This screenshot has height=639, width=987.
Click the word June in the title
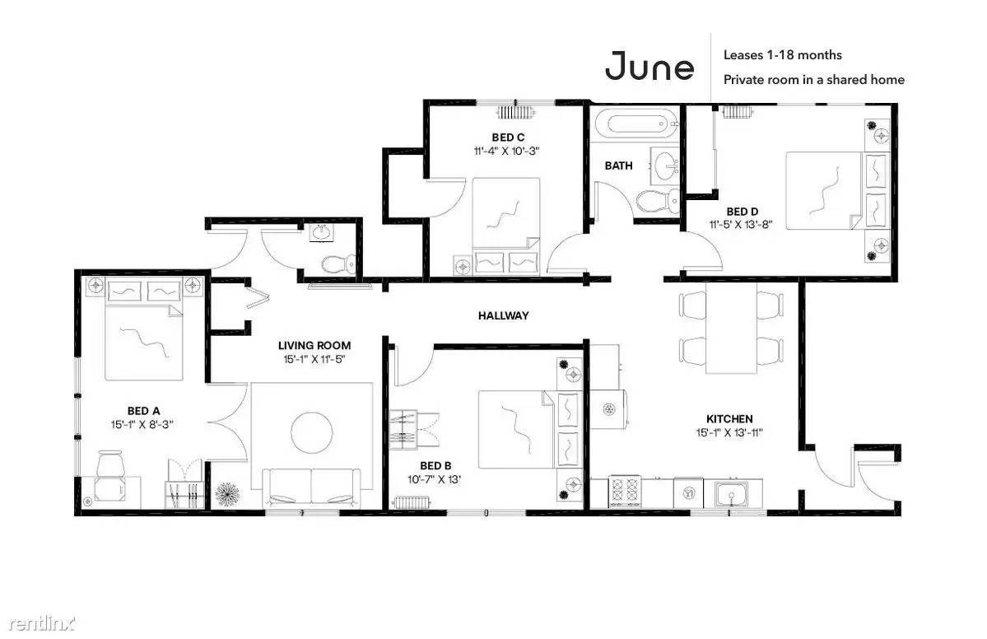click(649, 66)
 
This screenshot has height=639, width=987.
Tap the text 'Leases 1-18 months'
click(782, 55)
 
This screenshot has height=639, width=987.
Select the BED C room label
click(508, 138)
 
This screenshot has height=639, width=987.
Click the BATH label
click(618, 166)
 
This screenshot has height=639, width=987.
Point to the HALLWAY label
click(504, 315)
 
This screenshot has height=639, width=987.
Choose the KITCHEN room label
click(729, 418)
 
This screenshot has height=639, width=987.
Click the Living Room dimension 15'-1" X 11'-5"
click(314, 360)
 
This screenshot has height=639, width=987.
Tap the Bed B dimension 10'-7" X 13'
click(435, 479)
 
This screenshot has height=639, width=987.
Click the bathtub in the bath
click(635, 124)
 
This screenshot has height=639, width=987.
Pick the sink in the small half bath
click(323, 233)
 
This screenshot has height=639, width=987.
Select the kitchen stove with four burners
click(624, 492)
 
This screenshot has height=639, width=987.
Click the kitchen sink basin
click(732, 493)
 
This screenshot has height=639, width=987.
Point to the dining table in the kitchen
click(730, 328)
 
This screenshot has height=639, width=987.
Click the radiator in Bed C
click(516, 113)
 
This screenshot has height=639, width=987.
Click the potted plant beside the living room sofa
click(226, 494)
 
